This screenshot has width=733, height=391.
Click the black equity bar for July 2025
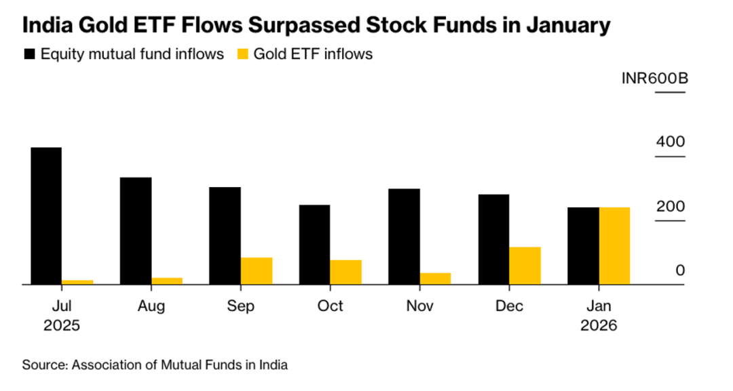pyautogui.click(x=45, y=215)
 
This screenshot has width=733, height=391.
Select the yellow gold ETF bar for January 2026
pyautogui.click(x=614, y=245)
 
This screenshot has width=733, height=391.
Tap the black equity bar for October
pyautogui.click(x=314, y=244)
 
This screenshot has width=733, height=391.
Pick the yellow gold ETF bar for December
pyautogui.click(x=525, y=266)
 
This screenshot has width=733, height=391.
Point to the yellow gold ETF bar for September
pyautogui.click(x=256, y=270)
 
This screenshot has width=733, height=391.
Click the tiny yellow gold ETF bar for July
pyautogui.click(x=77, y=282)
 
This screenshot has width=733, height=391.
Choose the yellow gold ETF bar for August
pyautogui.click(x=166, y=281)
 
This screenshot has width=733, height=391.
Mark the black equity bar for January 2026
pyautogui.click(x=583, y=245)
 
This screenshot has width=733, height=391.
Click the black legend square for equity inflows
pyautogui.click(x=29, y=54)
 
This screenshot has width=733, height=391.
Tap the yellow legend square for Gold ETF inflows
pyautogui.click(x=242, y=54)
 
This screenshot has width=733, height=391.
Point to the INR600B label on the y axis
pyautogui.click(x=654, y=79)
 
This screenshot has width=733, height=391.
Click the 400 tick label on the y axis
pyautogui.click(x=671, y=142)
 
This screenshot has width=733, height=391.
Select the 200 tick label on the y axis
pyautogui.click(x=671, y=206)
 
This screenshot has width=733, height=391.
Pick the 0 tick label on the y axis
pyautogui.click(x=680, y=270)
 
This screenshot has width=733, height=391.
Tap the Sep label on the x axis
pyautogui.click(x=241, y=306)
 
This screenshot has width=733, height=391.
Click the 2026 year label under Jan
pyautogui.click(x=599, y=325)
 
